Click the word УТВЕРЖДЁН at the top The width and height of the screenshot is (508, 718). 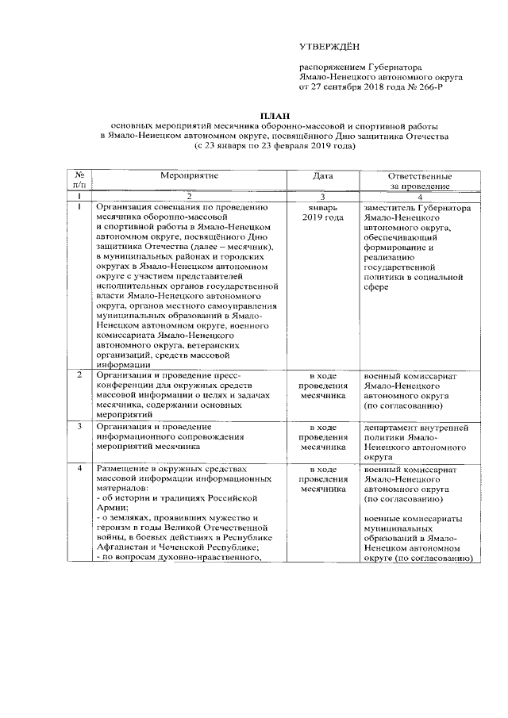click(x=328, y=48)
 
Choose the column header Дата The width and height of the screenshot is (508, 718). click(x=322, y=175)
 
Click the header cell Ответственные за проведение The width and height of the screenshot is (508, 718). click(x=419, y=180)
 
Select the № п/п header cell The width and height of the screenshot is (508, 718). click(x=79, y=180)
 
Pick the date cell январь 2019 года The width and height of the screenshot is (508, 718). click(x=322, y=212)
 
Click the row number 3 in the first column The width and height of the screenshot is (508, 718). click(x=79, y=427)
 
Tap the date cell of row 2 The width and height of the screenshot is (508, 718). click(x=322, y=383)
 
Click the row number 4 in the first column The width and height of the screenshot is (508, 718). click(x=79, y=470)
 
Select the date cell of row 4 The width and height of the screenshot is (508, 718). click(x=322, y=480)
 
